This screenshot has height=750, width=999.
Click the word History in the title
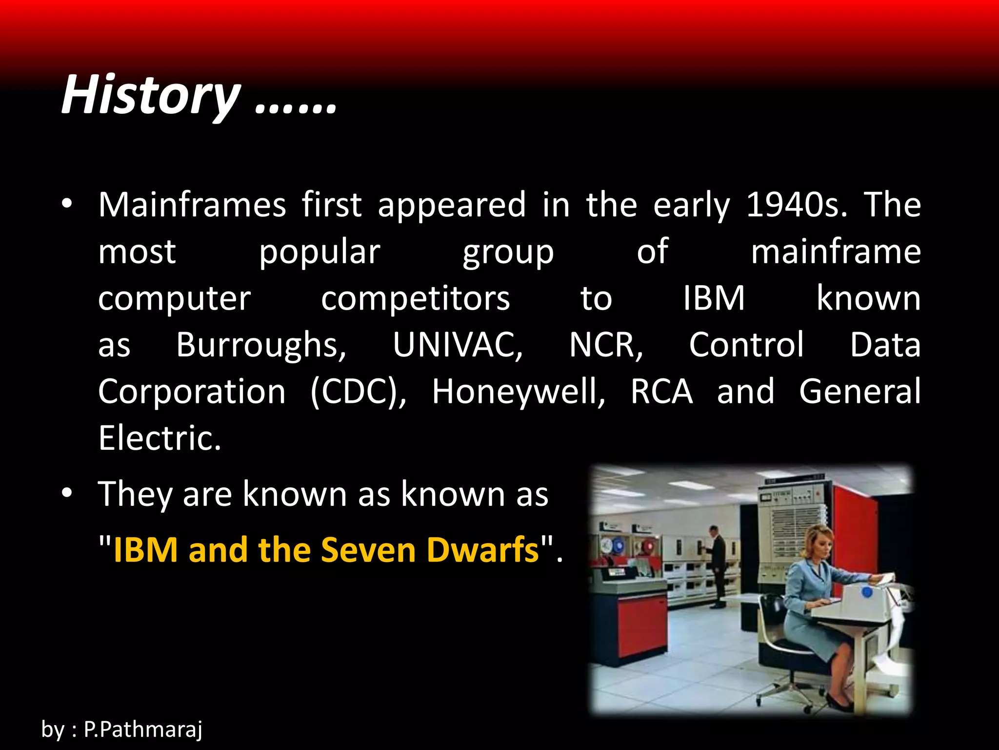pos(150,95)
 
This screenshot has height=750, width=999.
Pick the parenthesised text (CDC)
pos(358,392)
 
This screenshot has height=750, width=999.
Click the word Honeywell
pos(519,392)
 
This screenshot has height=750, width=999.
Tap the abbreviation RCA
pos(661,392)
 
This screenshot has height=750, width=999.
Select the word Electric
pos(160,438)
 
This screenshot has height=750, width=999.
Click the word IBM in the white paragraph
pos(713,299)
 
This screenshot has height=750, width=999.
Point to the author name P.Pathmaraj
pos(142,729)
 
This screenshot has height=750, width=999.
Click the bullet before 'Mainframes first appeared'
pos(67,204)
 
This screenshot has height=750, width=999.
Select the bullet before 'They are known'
pos(67,494)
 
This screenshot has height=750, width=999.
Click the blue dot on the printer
pos(867,592)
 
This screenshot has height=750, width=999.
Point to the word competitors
pos(415,299)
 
